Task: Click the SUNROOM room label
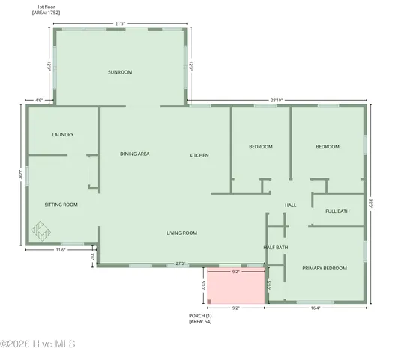pos(120,72)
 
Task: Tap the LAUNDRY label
pos(62,135)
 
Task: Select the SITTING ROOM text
pos(61,205)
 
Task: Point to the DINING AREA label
pos(135,154)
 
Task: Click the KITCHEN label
pos(199,155)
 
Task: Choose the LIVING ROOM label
pos(181,233)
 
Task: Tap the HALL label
pos(291,205)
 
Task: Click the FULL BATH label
pos(337,211)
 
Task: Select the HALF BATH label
pos(276,247)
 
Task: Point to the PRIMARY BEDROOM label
pos(325,268)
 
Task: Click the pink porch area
pos(235,288)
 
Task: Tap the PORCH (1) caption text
pos(201,316)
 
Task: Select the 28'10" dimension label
pos(277,100)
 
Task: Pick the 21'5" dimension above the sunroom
pos(120,23)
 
